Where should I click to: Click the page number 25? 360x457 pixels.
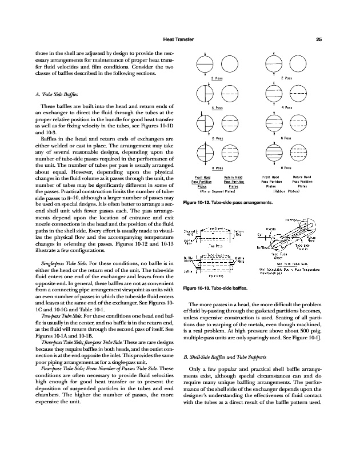pyautogui.click(x=319, y=39)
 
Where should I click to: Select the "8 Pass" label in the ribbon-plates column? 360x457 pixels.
pyautogui.click(x=286, y=167)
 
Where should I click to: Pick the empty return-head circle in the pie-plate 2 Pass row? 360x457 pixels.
pyautogui.click(x=229, y=63)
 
